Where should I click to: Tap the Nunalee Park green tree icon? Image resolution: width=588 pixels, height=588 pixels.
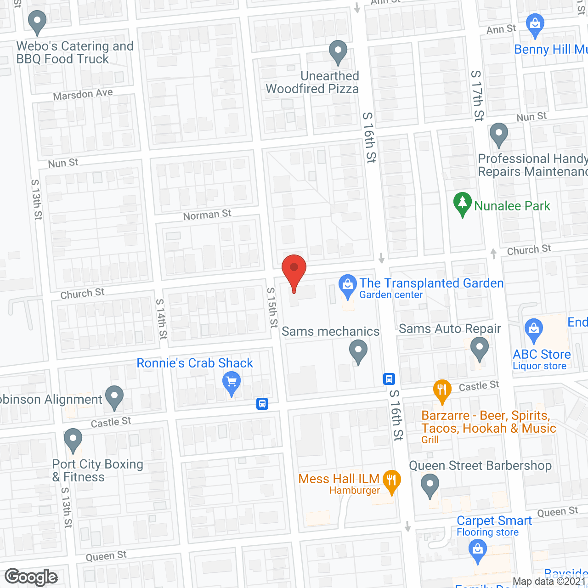[462, 204]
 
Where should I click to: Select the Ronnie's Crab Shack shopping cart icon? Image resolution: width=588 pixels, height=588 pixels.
[232, 383]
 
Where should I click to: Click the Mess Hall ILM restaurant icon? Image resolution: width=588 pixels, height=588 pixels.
[391, 481]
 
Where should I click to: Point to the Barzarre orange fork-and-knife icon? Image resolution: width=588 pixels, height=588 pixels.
[442, 390]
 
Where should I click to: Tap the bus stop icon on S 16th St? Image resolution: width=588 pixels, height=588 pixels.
[389, 379]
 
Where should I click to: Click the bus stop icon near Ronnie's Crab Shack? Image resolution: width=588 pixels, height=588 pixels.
[262, 404]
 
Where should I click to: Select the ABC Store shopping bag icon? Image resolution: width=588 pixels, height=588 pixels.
[533, 329]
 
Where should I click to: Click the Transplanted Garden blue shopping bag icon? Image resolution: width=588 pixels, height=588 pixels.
[348, 285]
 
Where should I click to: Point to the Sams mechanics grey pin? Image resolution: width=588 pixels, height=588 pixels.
[358, 351]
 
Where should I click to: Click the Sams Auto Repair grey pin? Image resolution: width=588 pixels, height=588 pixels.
[480, 348]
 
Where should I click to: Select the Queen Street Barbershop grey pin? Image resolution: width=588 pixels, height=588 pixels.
[430, 484]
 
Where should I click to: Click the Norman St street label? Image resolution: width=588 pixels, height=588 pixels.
[207, 215]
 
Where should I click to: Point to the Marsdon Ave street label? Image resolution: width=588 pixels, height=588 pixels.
[83, 95]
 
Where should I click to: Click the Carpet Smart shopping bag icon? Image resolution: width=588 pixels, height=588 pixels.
[478, 550]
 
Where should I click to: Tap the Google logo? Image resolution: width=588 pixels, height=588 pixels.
[31, 577]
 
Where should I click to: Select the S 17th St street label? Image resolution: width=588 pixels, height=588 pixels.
[478, 96]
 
